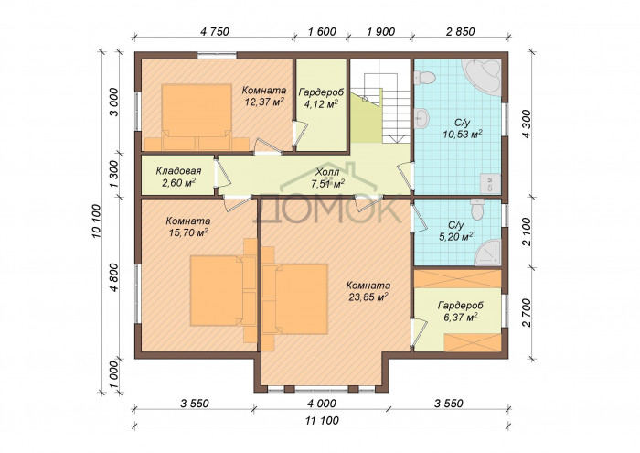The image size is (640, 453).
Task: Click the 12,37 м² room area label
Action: [x=264, y=102]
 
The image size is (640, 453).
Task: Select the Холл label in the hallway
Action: [x=327, y=172]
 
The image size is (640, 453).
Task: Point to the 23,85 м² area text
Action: [x=368, y=297]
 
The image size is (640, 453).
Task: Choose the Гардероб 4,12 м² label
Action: [x=321, y=98]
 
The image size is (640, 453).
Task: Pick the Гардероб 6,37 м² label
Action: [x=461, y=311]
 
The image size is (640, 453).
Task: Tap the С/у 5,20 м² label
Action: [x=456, y=231]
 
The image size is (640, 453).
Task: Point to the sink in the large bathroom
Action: [x=421, y=118]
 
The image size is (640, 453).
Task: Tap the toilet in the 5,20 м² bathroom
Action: [x=477, y=209]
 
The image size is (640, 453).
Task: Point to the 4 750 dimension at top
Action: [x=215, y=31]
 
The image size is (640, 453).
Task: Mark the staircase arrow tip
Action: [x=396, y=142]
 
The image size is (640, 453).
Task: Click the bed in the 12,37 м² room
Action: [x=197, y=117]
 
